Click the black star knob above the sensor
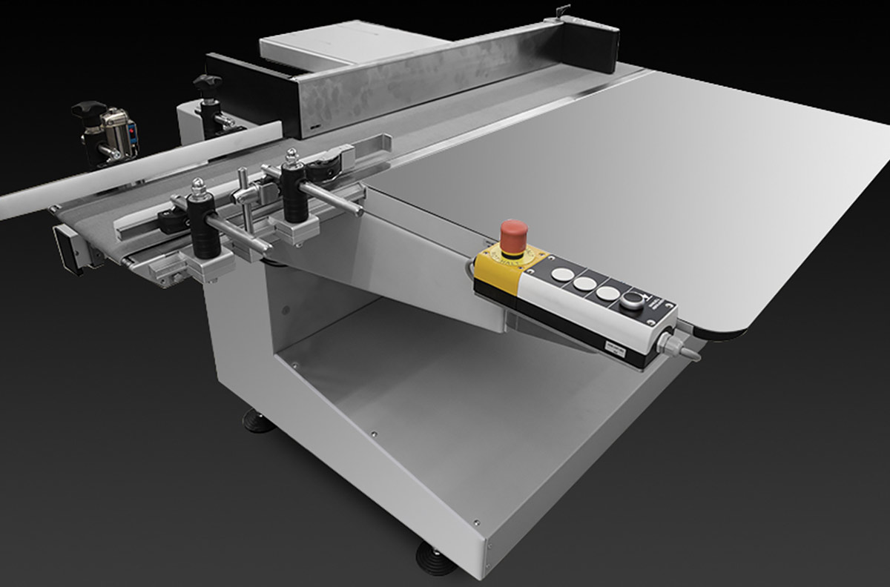tap(88, 109)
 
